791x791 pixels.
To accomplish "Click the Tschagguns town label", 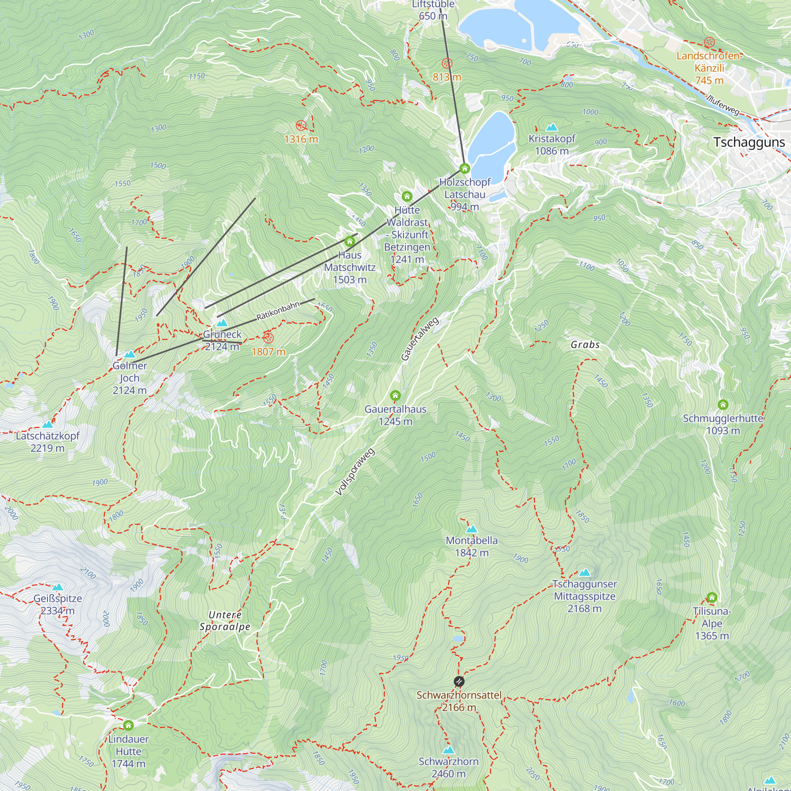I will click(749, 142).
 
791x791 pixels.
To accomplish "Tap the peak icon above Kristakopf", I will click(552, 127).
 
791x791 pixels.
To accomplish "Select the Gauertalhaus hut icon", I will click(395, 395).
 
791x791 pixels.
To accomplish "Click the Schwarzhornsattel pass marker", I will click(459, 681).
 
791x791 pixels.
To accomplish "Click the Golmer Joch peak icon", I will click(130, 354).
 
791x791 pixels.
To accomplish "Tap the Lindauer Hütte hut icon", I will click(128, 725).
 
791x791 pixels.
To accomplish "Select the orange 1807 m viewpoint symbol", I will click(268, 338).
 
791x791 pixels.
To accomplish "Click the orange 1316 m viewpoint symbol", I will click(301, 125).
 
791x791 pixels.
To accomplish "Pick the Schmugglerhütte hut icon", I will click(723, 405).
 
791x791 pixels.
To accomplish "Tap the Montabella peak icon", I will click(472, 529).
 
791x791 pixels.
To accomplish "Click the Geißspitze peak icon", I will click(58, 587).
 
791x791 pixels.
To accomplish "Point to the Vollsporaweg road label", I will click(355, 472).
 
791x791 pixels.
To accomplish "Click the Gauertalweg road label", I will click(420, 339).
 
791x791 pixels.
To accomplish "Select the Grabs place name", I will click(585, 345).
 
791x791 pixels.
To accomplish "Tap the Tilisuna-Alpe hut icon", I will click(712, 597).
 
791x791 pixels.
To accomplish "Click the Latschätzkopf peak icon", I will click(48, 424).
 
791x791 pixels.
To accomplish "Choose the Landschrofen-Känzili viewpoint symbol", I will click(710, 42).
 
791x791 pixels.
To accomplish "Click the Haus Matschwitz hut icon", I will click(349, 241).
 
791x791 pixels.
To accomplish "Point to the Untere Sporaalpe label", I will click(225, 621).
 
